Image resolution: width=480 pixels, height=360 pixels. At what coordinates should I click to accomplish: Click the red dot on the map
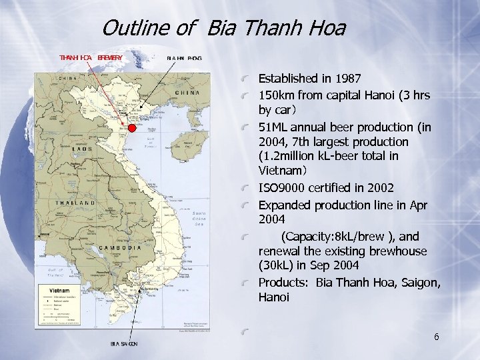(x=132, y=128)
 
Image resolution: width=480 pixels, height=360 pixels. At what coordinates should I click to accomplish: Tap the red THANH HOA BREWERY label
(x=91, y=58)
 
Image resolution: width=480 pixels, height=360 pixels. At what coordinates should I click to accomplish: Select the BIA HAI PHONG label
(x=184, y=58)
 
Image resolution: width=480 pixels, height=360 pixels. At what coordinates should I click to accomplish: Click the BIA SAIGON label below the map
(x=124, y=343)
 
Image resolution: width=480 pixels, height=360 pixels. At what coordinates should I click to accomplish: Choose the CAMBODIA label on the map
(x=121, y=247)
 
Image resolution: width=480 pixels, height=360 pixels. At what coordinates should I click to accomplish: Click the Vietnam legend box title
(x=57, y=291)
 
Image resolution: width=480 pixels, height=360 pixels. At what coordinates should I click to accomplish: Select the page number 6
(x=436, y=337)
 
